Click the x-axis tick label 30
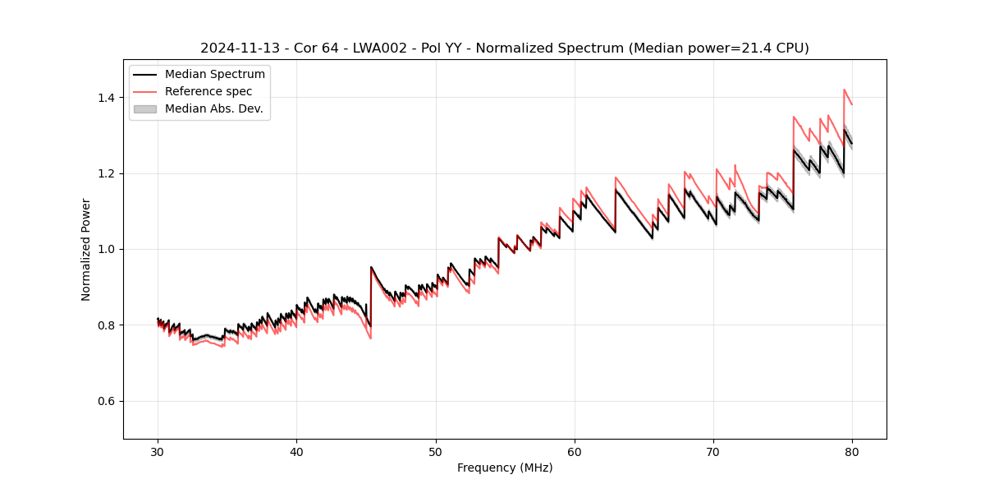point(158,451)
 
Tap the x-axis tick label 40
point(297,451)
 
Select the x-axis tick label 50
point(436,451)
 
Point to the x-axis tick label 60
point(575,451)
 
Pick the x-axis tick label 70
point(713,451)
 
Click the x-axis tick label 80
point(852,451)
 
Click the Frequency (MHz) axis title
point(505,468)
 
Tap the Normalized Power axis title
point(86,249)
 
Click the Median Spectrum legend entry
point(215,75)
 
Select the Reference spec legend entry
point(208,91)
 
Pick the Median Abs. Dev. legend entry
point(213,108)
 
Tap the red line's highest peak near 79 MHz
point(844,90)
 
